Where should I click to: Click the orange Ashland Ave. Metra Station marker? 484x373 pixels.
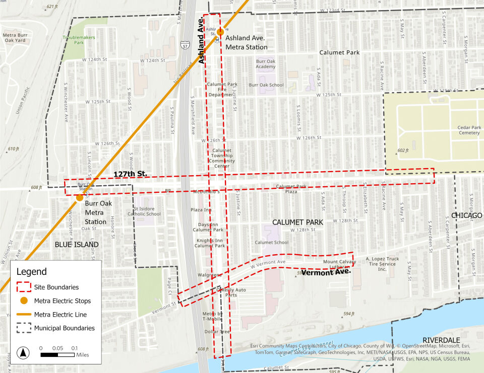tap(220, 32)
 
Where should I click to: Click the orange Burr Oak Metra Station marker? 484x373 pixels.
tap(79, 198)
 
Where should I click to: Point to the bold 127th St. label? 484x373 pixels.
tap(130, 174)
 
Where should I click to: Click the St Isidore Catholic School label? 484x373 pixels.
tap(147, 211)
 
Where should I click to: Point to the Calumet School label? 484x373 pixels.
tap(271, 242)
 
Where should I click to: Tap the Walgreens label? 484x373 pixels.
tap(210, 275)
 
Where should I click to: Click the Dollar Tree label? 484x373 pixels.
tap(218, 332)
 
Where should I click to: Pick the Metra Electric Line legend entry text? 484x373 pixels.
tap(60, 315)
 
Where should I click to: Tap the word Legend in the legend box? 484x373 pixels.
tap(31, 272)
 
